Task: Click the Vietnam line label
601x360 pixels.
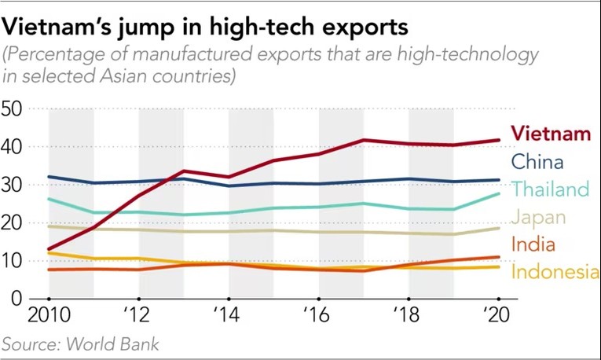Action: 551,133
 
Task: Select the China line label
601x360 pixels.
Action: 537,163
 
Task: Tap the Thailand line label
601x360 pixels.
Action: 550,189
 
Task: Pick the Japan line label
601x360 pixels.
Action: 538,217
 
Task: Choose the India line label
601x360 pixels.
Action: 533,244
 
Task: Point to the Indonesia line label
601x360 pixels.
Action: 555,272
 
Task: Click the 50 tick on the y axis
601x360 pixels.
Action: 16,108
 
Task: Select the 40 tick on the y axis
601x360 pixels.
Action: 16,147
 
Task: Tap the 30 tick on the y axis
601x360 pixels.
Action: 16,185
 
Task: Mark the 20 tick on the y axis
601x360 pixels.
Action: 16,223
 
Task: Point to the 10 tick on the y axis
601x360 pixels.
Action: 16,261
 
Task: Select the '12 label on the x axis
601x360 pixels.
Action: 137,317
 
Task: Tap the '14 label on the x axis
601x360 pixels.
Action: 227,317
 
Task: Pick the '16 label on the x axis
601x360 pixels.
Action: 317,317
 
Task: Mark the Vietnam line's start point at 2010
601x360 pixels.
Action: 49,248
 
